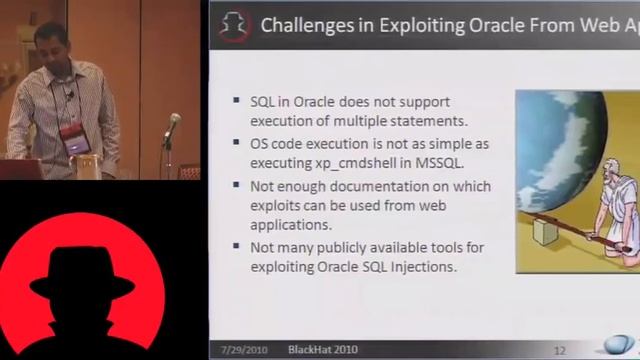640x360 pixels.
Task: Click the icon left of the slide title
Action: [x=233, y=24]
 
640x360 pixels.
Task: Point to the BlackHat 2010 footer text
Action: [x=322, y=349]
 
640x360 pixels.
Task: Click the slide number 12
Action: [x=560, y=350]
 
